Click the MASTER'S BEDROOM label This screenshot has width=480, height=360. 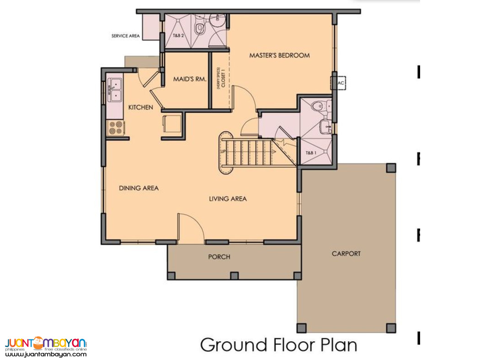click(x=279, y=55)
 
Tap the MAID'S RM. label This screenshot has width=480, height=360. click(x=190, y=79)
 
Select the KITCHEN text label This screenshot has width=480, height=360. click(x=140, y=107)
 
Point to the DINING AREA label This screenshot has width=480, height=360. click(x=139, y=188)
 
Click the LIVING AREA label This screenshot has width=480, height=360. click(x=228, y=199)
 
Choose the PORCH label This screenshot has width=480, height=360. click(x=219, y=257)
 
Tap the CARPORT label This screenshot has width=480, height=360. click(x=346, y=254)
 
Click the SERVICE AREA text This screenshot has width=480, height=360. click(x=125, y=36)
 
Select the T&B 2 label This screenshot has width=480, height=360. click(x=178, y=36)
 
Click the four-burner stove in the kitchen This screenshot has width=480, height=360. click(x=116, y=127)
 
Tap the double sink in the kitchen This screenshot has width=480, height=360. click(x=115, y=90)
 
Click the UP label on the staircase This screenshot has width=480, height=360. click(x=223, y=151)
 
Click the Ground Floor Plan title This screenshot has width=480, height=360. click(x=279, y=344)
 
